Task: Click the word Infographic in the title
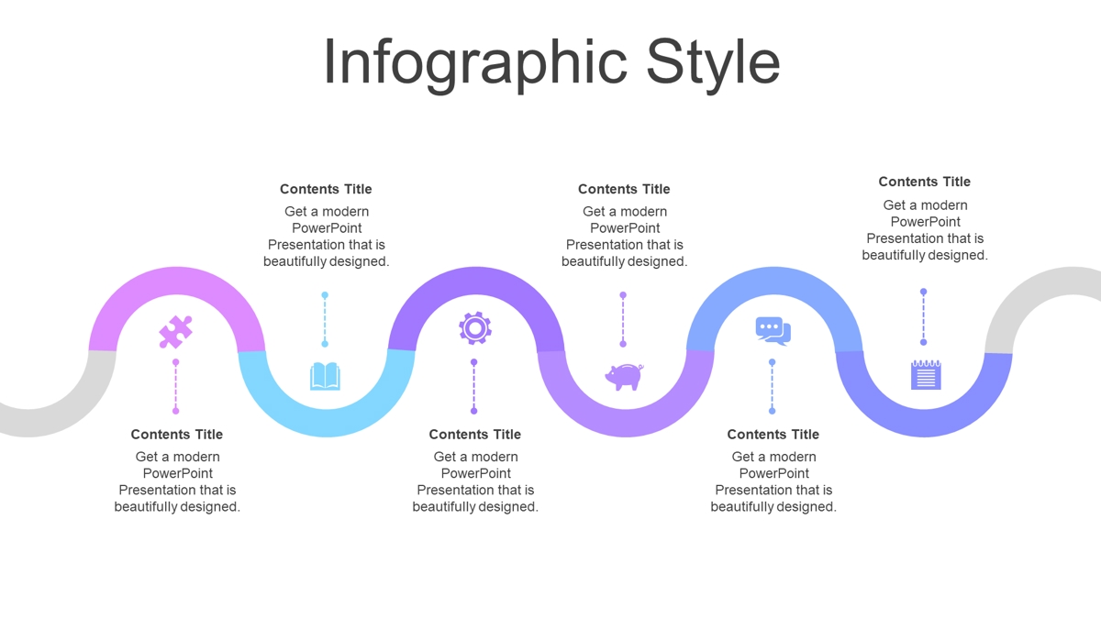(475, 63)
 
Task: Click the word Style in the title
(713, 63)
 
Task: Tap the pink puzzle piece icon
(175, 332)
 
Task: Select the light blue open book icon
(325, 376)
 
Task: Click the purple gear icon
(475, 328)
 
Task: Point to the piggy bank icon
(624, 377)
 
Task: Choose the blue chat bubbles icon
(773, 331)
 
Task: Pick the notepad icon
(926, 375)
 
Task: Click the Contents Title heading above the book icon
(326, 189)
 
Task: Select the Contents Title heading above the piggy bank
(624, 189)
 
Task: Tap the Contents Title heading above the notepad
(925, 182)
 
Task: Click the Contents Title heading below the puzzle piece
(177, 435)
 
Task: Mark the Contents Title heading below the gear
(475, 435)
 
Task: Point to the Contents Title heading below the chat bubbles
(773, 435)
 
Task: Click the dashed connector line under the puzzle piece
(175, 387)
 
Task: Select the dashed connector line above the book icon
(325, 319)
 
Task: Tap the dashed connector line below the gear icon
(473, 387)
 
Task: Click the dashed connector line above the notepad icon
(924, 317)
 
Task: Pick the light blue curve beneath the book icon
(327, 422)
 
